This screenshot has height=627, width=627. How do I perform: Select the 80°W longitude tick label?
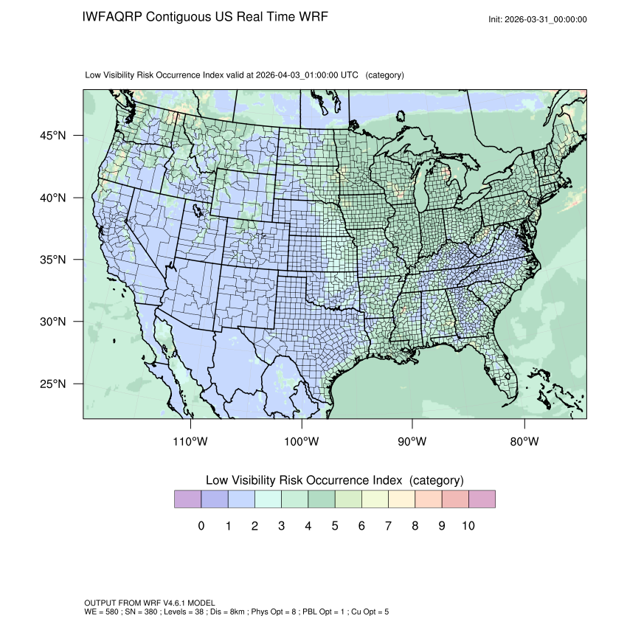[x=524, y=442]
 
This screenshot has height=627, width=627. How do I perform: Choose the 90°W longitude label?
[x=413, y=442]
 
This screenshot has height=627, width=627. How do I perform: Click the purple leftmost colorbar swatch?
[x=187, y=499]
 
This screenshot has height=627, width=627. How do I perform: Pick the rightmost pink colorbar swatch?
[x=482, y=499]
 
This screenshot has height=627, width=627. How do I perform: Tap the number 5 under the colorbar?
[x=334, y=526]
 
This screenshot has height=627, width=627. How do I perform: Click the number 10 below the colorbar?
[x=468, y=526]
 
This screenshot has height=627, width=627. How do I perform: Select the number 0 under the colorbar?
[x=201, y=526]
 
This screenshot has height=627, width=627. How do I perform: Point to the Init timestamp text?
[x=538, y=19]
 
